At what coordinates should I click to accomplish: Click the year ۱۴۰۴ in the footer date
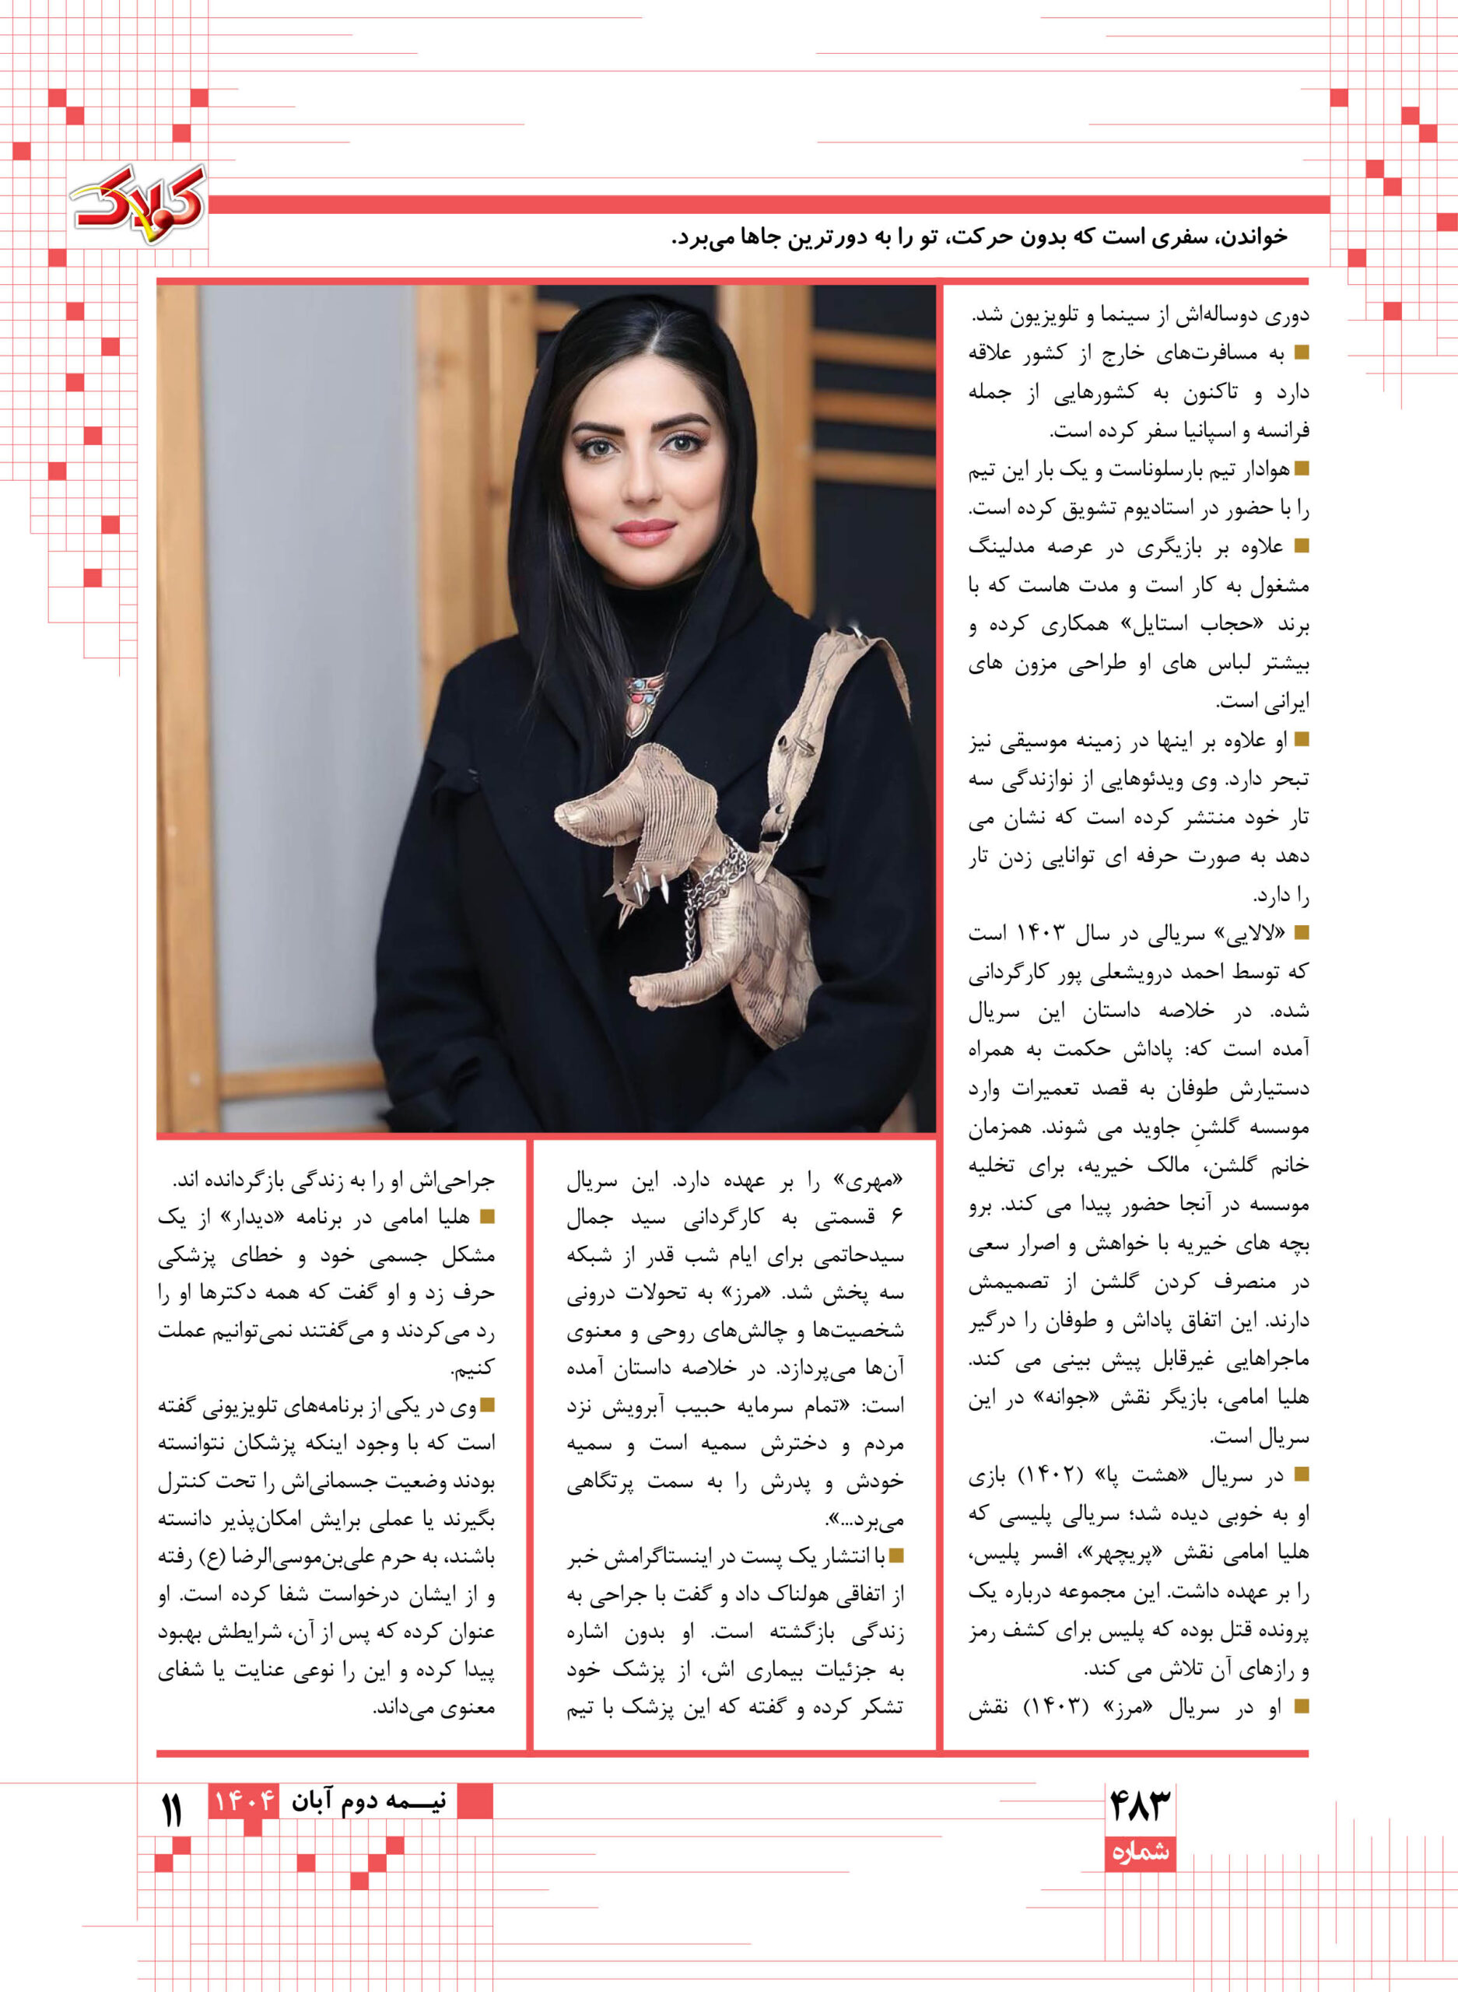pyautogui.click(x=242, y=1800)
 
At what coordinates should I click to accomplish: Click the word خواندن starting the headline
pyautogui.click(x=1252, y=237)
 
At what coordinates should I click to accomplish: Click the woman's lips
pyautogui.click(x=643, y=531)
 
